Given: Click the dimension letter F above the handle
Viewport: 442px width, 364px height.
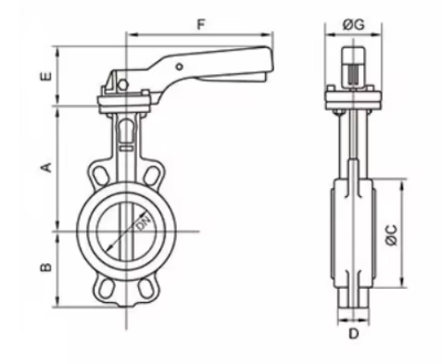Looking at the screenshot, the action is pyautogui.click(x=201, y=25).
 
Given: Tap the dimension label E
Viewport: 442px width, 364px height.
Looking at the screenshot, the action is pyautogui.click(x=46, y=76).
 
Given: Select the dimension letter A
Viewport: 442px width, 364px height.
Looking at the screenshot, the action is pyautogui.click(x=46, y=167).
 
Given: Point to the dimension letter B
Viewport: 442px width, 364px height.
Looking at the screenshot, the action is pyautogui.click(x=46, y=267).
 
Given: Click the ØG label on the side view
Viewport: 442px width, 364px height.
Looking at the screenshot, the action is pyautogui.click(x=353, y=25).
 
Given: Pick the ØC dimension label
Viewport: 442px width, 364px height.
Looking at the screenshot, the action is pyautogui.click(x=391, y=234).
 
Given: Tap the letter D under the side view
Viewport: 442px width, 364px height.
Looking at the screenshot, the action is pyautogui.click(x=353, y=333).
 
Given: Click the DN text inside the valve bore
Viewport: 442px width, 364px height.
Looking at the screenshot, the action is pyautogui.click(x=144, y=223).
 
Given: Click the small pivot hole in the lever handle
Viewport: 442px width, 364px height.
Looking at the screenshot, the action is pyautogui.click(x=179, y=67).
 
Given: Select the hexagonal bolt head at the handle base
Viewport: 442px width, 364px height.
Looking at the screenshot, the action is pyautogui.click(x=123, y=85).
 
